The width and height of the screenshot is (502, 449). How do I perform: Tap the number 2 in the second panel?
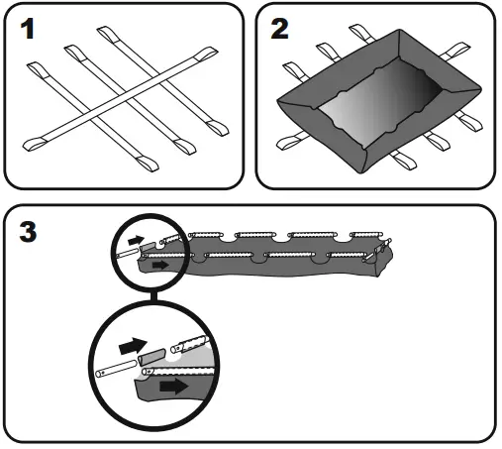281,31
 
